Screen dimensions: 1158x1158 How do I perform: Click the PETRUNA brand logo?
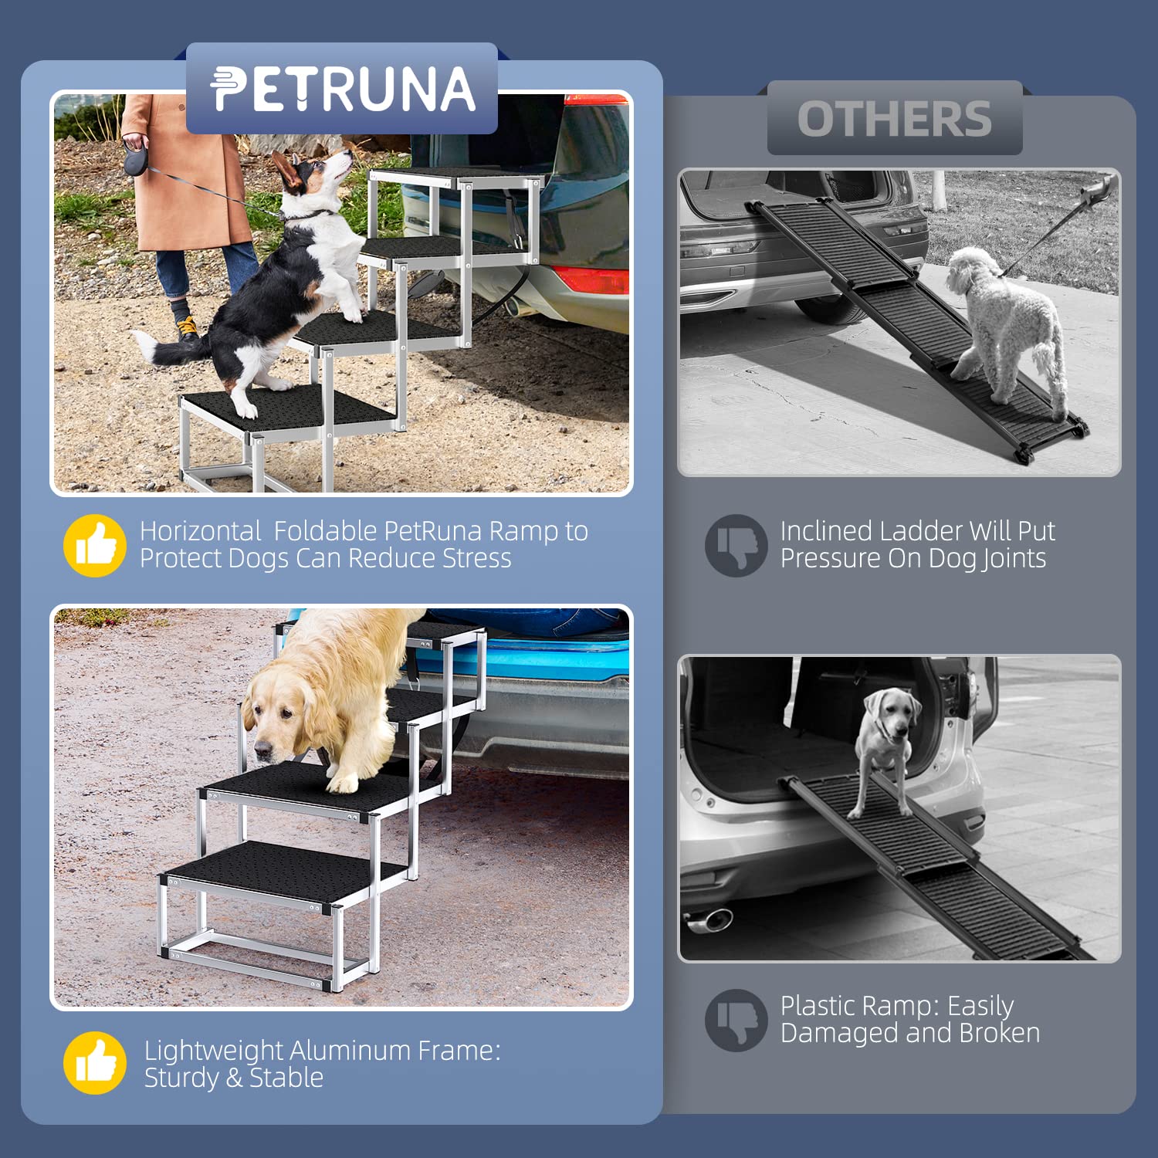pos(342,90)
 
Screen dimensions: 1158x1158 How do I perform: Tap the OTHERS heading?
pos(894,119)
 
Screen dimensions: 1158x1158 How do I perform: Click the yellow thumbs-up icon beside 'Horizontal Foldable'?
pos(94,546)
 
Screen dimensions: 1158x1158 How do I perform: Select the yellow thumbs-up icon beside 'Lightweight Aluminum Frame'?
pos(94,1063)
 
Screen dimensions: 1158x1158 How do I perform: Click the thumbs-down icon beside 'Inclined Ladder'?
pos(736,546)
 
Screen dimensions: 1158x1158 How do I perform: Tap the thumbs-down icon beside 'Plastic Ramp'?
pos(736,1020)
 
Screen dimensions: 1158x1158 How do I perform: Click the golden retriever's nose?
pos(263,748)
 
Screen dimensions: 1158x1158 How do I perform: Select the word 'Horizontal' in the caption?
pos(201,531)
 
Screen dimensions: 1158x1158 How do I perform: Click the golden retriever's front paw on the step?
pos(342,784)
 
